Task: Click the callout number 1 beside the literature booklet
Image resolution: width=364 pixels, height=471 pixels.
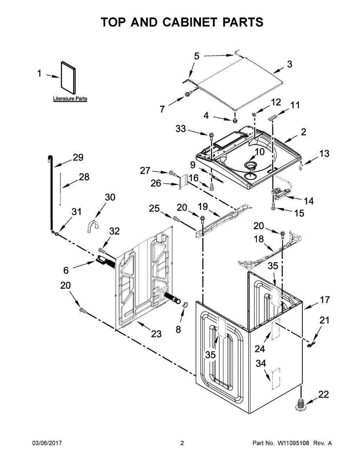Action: point(39,73)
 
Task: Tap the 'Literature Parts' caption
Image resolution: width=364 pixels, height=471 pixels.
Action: point(70,99)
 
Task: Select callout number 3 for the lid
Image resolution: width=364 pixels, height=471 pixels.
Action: point(289,64)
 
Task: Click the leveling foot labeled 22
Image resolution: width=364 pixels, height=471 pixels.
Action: point(300,404)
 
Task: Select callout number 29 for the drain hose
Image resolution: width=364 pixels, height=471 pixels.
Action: point(78,157)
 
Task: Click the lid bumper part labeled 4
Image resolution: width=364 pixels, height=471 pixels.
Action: point(235,118)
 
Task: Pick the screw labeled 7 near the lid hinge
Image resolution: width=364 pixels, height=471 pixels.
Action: point(188,94)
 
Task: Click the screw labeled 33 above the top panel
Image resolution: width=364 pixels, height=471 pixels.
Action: point(211,136)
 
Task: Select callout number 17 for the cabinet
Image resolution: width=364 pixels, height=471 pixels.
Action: point(325,300)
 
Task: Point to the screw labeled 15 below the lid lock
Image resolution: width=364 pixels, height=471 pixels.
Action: point(273,207)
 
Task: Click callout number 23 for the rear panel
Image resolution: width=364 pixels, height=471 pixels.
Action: point(156,334)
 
